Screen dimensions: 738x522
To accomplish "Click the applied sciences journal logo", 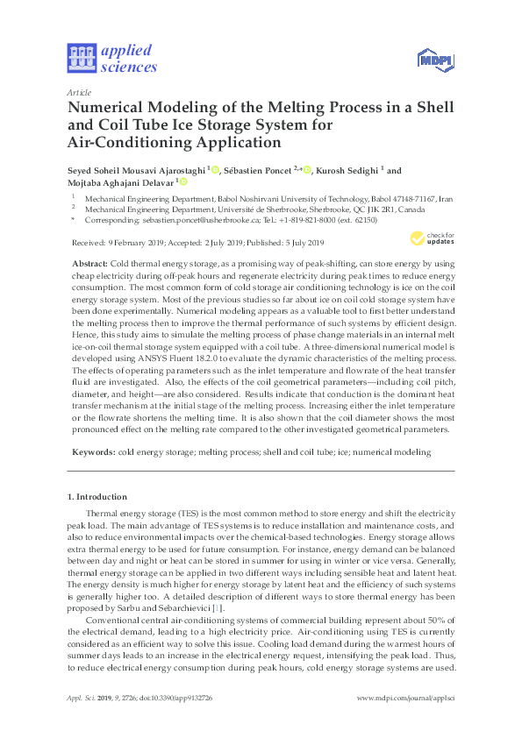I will (x=111, y=58).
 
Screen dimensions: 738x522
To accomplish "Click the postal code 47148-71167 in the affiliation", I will (x=404, y=199).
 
